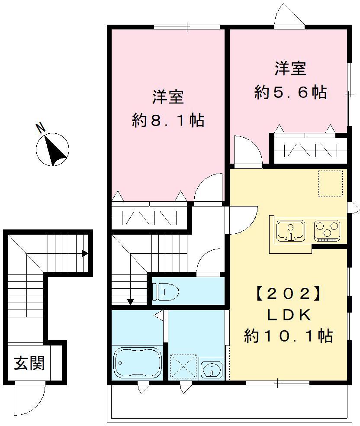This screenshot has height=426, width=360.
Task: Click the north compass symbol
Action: [52, 149]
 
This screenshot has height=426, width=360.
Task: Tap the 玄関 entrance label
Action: [29, 363]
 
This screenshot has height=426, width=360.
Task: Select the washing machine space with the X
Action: [183, 367]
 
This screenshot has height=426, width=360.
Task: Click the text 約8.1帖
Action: [168, 121]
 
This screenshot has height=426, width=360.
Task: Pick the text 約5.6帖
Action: [290, 93]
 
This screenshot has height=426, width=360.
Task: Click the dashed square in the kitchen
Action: [331, 183]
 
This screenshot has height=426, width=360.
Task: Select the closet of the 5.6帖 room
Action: [310, 150]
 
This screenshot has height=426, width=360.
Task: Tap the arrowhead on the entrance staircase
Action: [85, 253]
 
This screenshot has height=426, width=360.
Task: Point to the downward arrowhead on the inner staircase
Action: [130, 302]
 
